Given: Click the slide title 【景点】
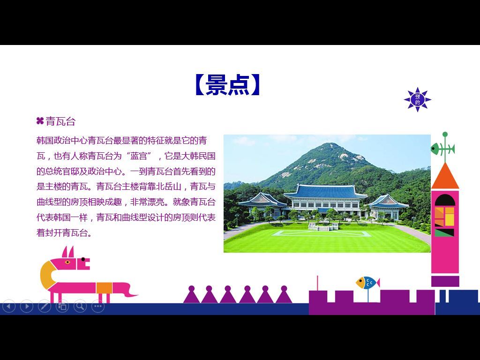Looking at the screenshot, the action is [x=228, y=85].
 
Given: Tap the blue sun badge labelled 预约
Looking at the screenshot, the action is [x=418, y=99].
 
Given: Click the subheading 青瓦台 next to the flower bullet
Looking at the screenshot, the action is [x=60, y=121].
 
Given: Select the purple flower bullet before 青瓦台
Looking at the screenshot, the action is [x=40, y=121].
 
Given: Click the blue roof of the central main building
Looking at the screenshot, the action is [x=325, y=192].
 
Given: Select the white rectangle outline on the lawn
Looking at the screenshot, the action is [x=322, y=233].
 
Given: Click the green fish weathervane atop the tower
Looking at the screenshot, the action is [x=442, y=149].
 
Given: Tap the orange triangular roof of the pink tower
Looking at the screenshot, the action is [x=445, y=177].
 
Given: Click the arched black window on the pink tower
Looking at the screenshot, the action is [x=445, y=200].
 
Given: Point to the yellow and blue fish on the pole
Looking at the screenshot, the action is [x=367, y=283].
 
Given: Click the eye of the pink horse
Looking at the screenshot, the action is [x=67, y=262].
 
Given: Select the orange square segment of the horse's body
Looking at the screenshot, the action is [x=104, y=288].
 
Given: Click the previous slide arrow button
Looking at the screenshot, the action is [x=9, y=306].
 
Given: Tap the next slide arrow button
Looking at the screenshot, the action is [x=27, y=306].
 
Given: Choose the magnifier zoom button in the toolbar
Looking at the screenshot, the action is [x=80, y=306].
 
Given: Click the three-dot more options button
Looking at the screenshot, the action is [x=98, y=306].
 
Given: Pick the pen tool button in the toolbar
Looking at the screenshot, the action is [x=45, y=306].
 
